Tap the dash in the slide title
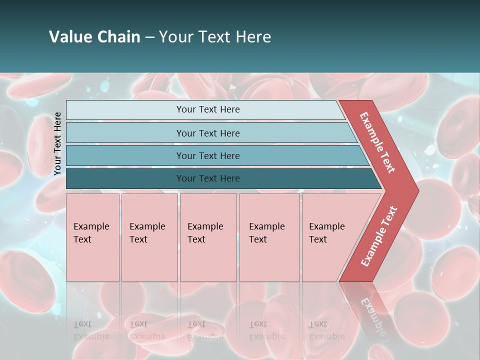(x=149, y=37)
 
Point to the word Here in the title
(x=253, y=37)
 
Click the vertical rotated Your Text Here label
(x=57, y=143)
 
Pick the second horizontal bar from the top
(x=208, y=133)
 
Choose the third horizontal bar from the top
(x=208, y=155)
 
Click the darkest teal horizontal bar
(x=208, y=178)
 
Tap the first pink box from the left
(x=92, y=237)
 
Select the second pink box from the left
(x=149, y=237)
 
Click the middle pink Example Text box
(x=208, y=237)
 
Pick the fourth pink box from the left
(x=269, y=237)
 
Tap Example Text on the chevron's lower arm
(x=379, y=236)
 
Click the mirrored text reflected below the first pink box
(x=91, y=330)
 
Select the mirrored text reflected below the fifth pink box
(x=327, y=330)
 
